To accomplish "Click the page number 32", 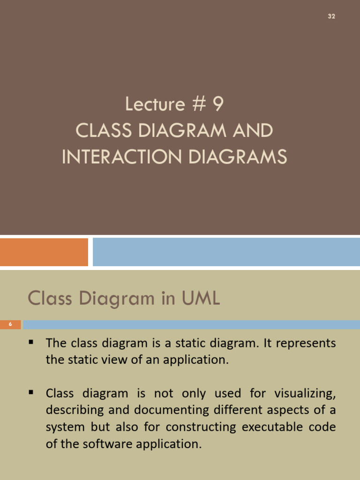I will [331, 16].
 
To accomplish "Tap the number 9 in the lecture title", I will [217, 104].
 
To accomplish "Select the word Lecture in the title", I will [155, 104].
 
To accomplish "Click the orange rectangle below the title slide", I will [44, 252].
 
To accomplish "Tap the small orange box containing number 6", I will [10, 324].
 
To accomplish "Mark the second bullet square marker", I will [31, 391].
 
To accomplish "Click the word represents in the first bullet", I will [306, 343].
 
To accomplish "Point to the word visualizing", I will [306, 393].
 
